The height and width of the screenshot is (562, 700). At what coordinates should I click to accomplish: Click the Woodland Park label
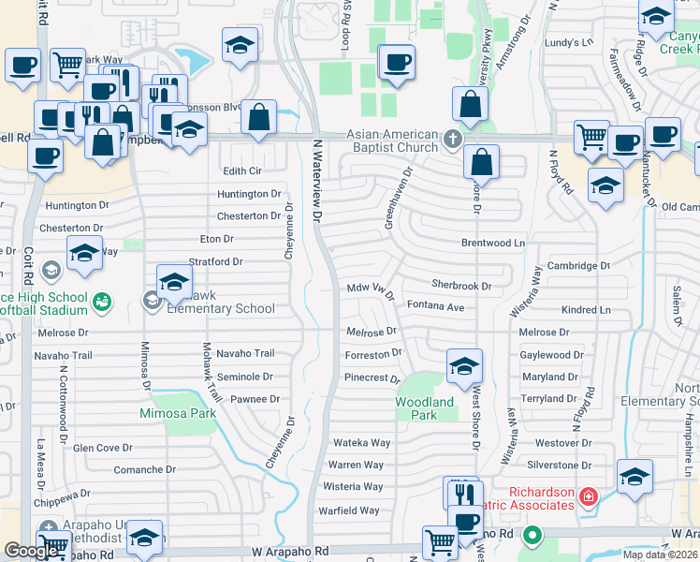click(x=424, y=408)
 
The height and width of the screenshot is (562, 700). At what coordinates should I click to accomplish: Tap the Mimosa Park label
click(x=178, y=413)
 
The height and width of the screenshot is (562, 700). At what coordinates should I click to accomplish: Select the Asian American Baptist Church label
click(x=393, y=140)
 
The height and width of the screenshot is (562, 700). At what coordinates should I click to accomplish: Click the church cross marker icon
click(x=453, y=140)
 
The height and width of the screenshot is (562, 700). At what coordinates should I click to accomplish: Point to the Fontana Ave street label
click(x=435, y=306)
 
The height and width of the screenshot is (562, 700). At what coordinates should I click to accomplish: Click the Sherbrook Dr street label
click(x=461, y=285)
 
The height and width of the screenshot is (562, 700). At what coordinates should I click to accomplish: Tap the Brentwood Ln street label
click(x=493, y=243)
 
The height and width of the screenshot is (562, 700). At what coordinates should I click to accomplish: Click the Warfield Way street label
click(x=352, y=510)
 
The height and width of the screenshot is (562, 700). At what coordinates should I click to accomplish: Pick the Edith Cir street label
click(x=241, y=170)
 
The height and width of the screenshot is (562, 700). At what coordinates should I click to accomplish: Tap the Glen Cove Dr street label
click(x=103, y=448)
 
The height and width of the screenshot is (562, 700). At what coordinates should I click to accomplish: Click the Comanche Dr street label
click(x=144, y=469)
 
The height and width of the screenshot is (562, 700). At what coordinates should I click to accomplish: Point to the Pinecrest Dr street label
click(x=372, y=379)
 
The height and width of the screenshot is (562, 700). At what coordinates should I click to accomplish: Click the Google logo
click(x=31, y=551)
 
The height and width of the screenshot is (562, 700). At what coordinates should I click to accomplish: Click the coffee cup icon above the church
click(x=398, y=63)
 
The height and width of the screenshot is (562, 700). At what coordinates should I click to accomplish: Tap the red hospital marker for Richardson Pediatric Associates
click(x=588, y=495)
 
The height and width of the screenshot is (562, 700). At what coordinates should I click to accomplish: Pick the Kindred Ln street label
click(x=585, y=310)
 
